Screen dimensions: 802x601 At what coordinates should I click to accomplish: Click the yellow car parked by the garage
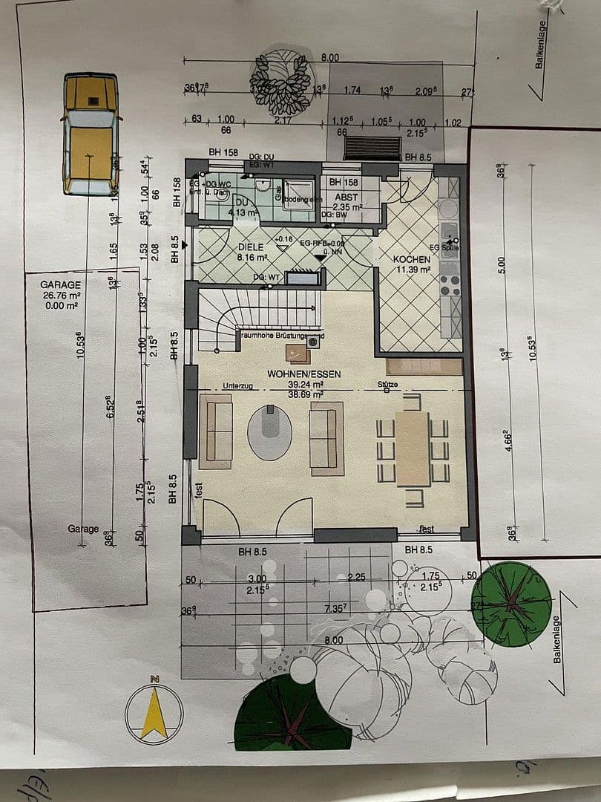point(91,134)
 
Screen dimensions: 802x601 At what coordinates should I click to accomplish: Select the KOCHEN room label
point(412,259)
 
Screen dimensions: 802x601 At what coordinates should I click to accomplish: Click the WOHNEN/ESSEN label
point(305,374)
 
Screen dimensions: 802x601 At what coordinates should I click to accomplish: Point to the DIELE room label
point(252,247)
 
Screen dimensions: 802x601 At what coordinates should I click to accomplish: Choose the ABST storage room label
point(346,198)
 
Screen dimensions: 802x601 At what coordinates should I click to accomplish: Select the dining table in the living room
point(413,448)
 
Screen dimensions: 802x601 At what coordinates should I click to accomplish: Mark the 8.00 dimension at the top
point(330,58)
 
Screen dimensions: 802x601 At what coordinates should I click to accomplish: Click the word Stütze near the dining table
point(387,385)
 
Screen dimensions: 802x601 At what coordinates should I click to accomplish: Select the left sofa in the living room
point(215,431)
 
